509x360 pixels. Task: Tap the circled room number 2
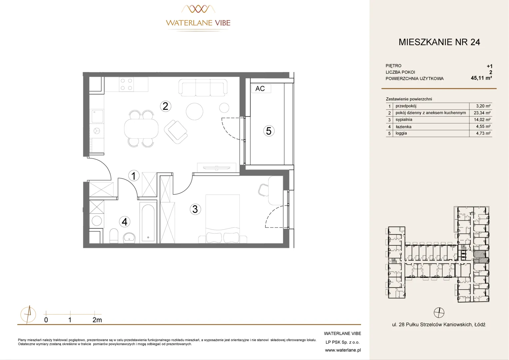[166, 106]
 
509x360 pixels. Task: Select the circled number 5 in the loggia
[269, 131]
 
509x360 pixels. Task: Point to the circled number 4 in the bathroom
[125, 222]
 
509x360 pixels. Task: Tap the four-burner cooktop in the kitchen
[126, 84]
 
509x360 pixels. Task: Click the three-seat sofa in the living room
[203, 87]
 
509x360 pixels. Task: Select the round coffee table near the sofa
[194, 111]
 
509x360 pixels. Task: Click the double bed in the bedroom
[223, 219]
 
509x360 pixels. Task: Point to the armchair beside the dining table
[176, 132]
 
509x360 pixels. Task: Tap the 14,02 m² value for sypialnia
[482, 120]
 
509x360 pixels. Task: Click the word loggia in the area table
[401, 133]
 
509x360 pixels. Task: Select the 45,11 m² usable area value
[481, 78]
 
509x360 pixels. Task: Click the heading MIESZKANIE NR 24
[439, 42]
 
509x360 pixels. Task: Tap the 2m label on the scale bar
[97, 320]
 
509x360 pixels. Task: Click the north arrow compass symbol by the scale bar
[28, 315]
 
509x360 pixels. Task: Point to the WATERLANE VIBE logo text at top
[198, 23]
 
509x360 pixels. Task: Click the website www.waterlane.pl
[343, 350]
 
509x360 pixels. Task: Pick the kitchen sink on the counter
[97, 116]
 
